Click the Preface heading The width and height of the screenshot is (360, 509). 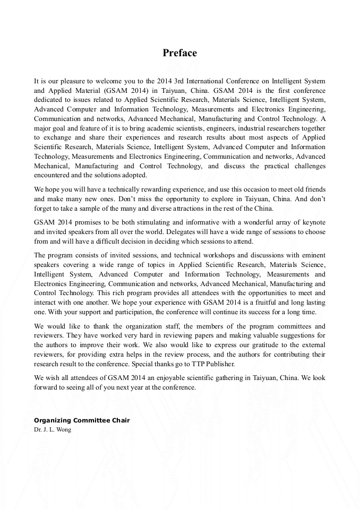tap(179, 53)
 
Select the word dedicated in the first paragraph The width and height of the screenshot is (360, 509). tap(48, 99)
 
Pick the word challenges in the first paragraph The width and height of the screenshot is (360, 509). tap(306, 166)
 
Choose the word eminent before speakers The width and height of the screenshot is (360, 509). tap(312, 255)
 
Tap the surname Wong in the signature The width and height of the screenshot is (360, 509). tap(62, 429)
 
